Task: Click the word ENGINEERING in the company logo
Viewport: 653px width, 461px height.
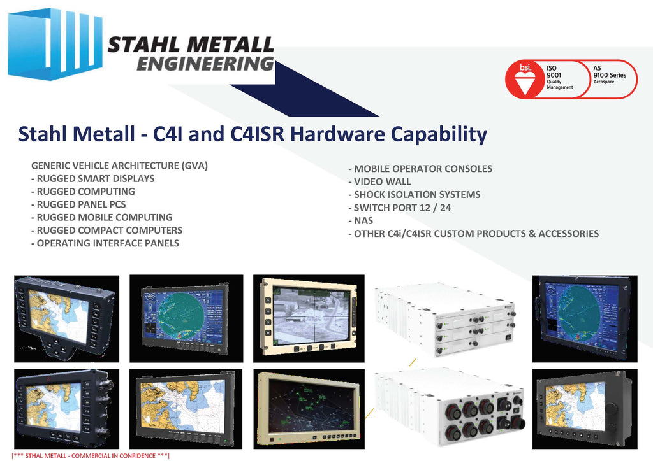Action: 205,64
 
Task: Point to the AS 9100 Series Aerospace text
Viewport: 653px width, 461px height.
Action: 610,74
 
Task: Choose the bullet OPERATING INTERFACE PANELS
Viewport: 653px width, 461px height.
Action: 105,243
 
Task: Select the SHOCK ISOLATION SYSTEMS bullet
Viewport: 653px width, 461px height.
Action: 414,194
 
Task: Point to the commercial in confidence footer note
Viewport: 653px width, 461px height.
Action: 89,456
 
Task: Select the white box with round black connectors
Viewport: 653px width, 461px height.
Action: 450,411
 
